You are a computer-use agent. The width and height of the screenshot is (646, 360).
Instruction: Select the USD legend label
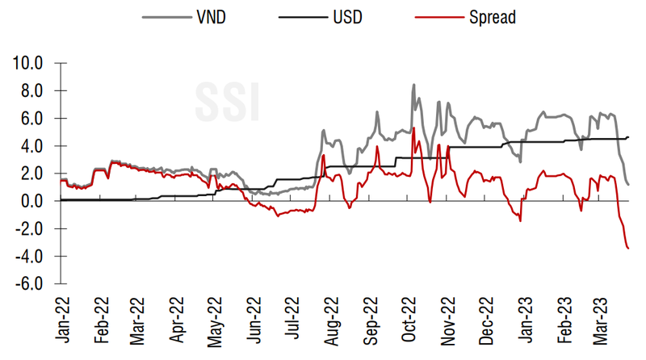(x=342, y=16)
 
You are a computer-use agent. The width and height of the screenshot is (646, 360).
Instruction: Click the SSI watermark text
(x=227, y=99)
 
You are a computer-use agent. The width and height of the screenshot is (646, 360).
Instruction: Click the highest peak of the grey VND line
(x=413, y=85)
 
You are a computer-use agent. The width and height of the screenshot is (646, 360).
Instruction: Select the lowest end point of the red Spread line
(x=628, y=248)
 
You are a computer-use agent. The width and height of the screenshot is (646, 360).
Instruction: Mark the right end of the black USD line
(x=628, y=137)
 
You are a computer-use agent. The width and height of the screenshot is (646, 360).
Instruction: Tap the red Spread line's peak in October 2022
(x=413, y=128)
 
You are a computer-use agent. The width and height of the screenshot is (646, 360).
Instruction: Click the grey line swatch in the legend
(x=160, y=16)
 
